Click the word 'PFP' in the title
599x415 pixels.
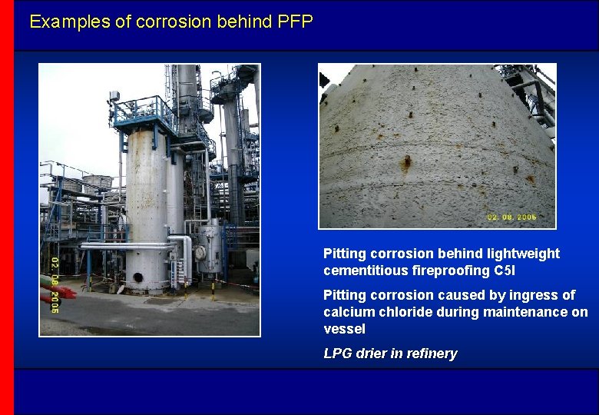tap(296, 22)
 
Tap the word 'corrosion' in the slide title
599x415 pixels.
tap(174, 22)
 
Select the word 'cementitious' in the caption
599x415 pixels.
tap(366, 271)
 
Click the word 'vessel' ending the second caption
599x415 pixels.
tap(344, 329)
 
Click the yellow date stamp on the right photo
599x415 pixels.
tap(511, 217)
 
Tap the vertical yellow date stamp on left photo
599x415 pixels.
tap(55, 284)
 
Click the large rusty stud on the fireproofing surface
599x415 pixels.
tap(406, 162)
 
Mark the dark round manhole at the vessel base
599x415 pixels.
tap(138, 277)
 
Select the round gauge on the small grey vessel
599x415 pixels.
tap(200, 251)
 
